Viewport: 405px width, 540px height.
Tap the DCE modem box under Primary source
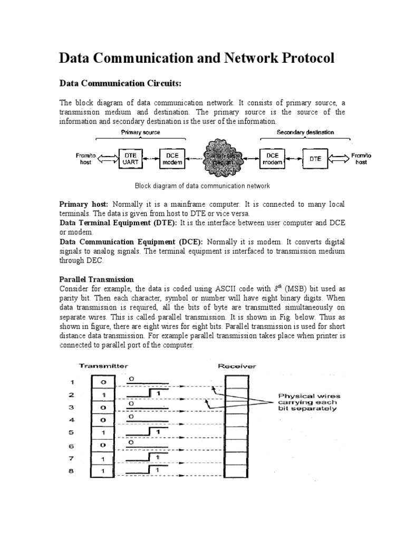click(172, 158)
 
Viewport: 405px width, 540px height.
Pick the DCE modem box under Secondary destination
click(273, 158)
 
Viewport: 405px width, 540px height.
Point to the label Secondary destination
click(305, 132)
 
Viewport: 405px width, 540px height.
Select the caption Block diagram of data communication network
click(202, 186)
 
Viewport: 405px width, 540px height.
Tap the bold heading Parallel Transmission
click(97, 279)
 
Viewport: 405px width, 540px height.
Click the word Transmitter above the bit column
click(103, 365)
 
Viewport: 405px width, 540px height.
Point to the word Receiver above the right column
click(237, 365)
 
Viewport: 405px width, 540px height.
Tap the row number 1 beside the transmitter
click(72, 382)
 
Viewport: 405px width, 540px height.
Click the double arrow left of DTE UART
click(109, 158)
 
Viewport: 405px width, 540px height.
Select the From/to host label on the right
click(361, 158)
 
